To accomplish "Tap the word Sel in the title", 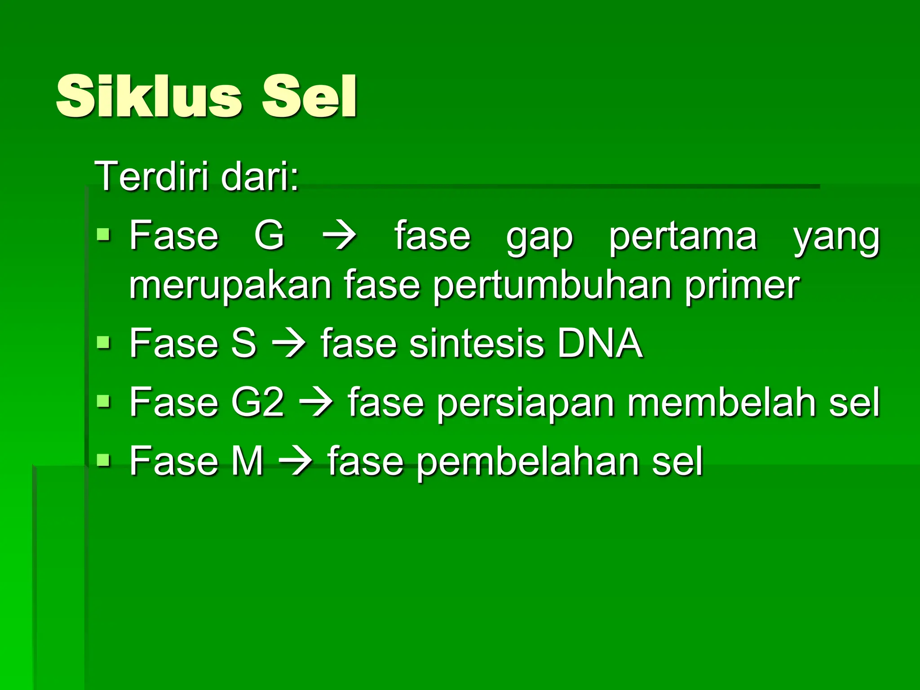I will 310,97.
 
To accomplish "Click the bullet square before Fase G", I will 103,234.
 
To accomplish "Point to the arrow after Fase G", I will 340,235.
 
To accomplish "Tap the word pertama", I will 683,236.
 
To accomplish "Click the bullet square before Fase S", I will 103,343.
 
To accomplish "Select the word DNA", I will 600,343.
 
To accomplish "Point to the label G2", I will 258,402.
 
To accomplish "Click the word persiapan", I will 526,403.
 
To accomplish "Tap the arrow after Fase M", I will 296,461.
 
